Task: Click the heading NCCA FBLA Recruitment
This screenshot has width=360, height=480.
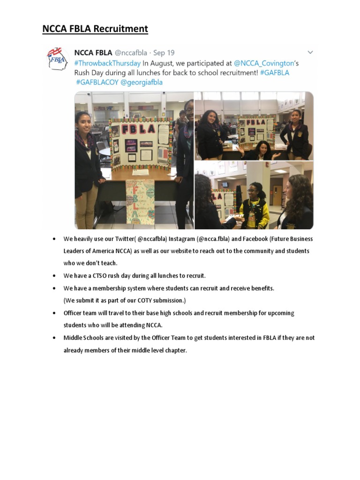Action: [95, 29]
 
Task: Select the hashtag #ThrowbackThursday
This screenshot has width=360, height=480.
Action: [107, 63]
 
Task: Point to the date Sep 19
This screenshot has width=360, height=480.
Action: [164, 53]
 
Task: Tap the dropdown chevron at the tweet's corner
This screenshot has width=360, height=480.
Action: [310, 52]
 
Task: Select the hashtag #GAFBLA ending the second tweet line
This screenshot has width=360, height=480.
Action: [275, 73]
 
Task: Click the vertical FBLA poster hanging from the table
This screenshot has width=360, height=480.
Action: [140, 202]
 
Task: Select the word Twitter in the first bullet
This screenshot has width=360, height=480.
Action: [124, 239]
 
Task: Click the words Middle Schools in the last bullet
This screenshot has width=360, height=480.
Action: [82, 337]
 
